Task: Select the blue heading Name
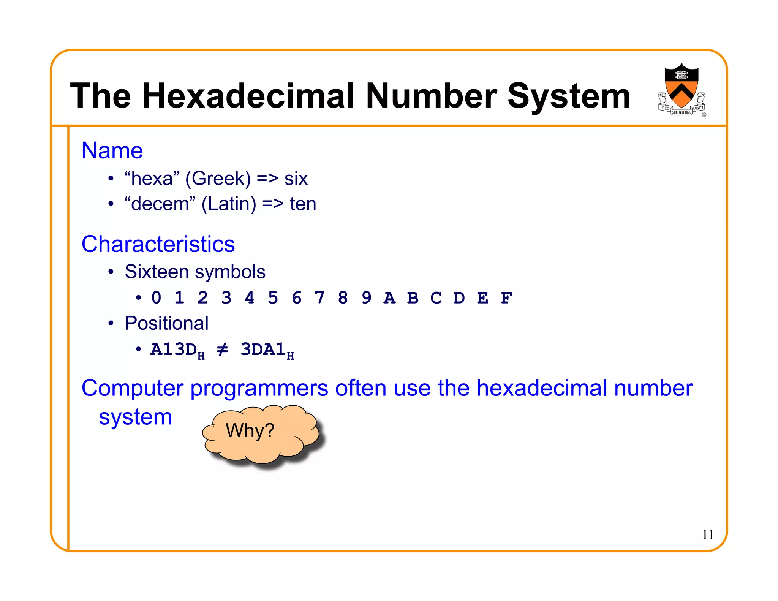[112, 150]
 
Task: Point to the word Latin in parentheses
[229, 204]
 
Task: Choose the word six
[296, 179]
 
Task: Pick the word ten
[303, 204]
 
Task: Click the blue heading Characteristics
[158, 244]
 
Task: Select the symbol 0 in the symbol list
[156, 298]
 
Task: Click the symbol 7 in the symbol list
[319, 298]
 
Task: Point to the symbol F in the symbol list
[506, 298]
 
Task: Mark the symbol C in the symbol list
[436, 298]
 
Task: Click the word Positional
[166, 323]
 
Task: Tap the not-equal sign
[222, 349]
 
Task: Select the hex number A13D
[174, 350]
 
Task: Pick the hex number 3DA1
[263, 350]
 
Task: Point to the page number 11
[707, 535]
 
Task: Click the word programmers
[259, 388]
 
